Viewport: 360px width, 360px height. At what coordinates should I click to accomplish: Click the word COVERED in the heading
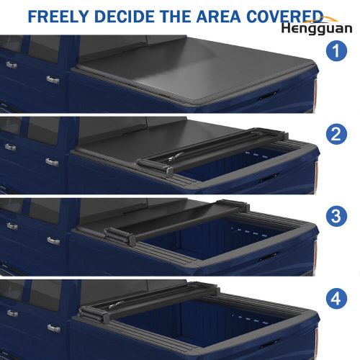pos(285,17)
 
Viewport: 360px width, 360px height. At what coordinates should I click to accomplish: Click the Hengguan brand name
pos(317,29)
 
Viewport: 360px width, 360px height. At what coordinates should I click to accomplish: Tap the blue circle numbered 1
pos(336,51)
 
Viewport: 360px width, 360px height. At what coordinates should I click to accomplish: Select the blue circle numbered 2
pos(336,134)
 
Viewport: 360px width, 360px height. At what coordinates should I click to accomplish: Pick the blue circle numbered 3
pos(336,216)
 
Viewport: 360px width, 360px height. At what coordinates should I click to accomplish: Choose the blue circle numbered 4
pos(336,299)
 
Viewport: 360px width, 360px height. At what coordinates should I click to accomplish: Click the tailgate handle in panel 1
pos(268,95)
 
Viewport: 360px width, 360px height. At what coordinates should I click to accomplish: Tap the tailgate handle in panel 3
pos(268,257)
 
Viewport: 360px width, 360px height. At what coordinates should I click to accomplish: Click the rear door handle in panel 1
pos(53,80)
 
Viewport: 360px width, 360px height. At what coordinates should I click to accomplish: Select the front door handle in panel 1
pos(12,65)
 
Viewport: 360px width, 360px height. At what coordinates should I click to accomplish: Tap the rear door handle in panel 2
pos(52,162)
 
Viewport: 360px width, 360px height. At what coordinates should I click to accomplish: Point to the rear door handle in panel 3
pos(53,241)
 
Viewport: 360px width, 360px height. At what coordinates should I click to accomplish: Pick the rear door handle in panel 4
pos(54,328)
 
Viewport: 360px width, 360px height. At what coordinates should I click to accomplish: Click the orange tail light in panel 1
pos(316,92)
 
